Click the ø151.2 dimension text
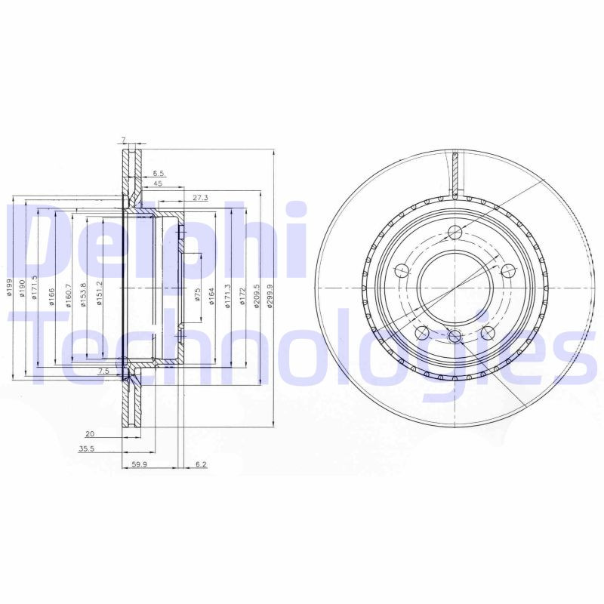click(99, 294)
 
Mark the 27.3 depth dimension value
click(199, 198)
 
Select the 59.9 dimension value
click(138, 466)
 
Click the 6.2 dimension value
click(201, 466)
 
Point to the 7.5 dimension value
click(103, 371)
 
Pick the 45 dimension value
click(158, 183)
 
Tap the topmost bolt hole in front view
click(454, 233)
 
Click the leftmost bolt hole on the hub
click(402, 267)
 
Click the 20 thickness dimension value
click(89, 434)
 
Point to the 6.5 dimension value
click(158, 173)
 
